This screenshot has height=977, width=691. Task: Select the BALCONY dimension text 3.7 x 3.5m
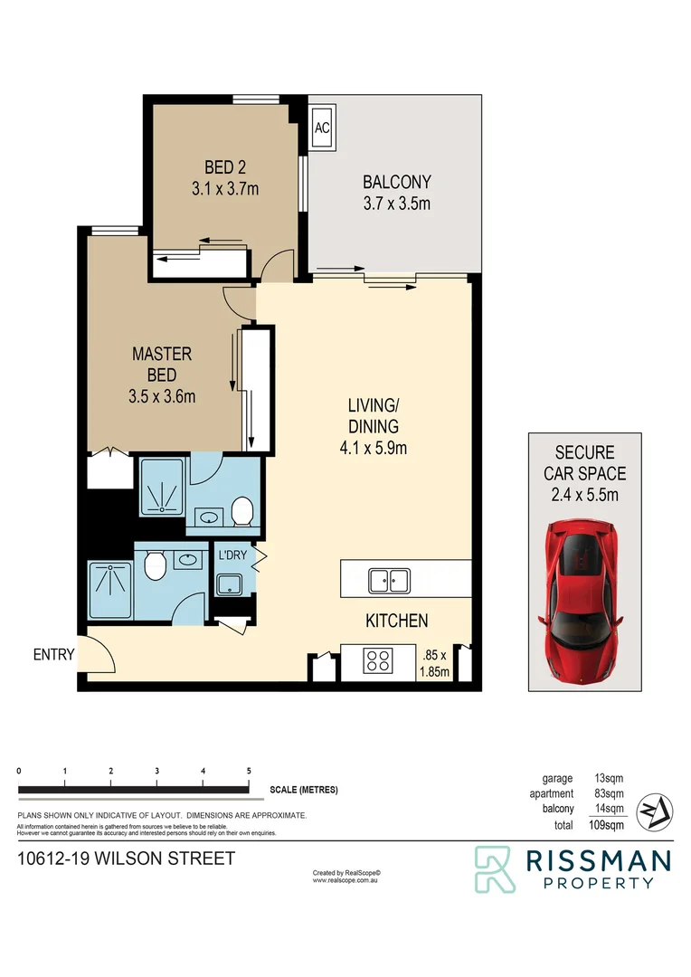coord(396,204)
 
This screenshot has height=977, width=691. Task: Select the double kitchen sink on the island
coord(390,579)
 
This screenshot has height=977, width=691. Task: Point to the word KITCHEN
coord(396,621)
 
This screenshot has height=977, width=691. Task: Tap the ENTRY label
coord(53,655)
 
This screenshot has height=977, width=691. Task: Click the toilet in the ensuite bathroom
coord(241,512)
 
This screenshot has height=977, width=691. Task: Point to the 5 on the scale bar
coord(249,771)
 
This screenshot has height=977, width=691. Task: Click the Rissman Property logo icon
coord(495,869)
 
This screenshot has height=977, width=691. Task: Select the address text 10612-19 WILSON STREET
coord(127,858)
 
